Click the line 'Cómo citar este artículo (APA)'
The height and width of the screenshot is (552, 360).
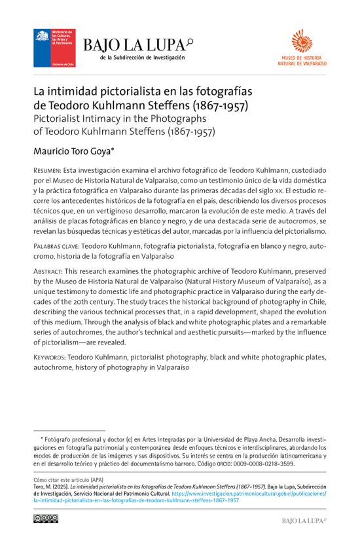pyautogui.click(x=71, y=480)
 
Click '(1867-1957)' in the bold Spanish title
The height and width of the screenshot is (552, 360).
pyautogui.click(x=219, y=105)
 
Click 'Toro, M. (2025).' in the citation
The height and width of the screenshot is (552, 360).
pyautogui.click(x=54, y=488)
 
